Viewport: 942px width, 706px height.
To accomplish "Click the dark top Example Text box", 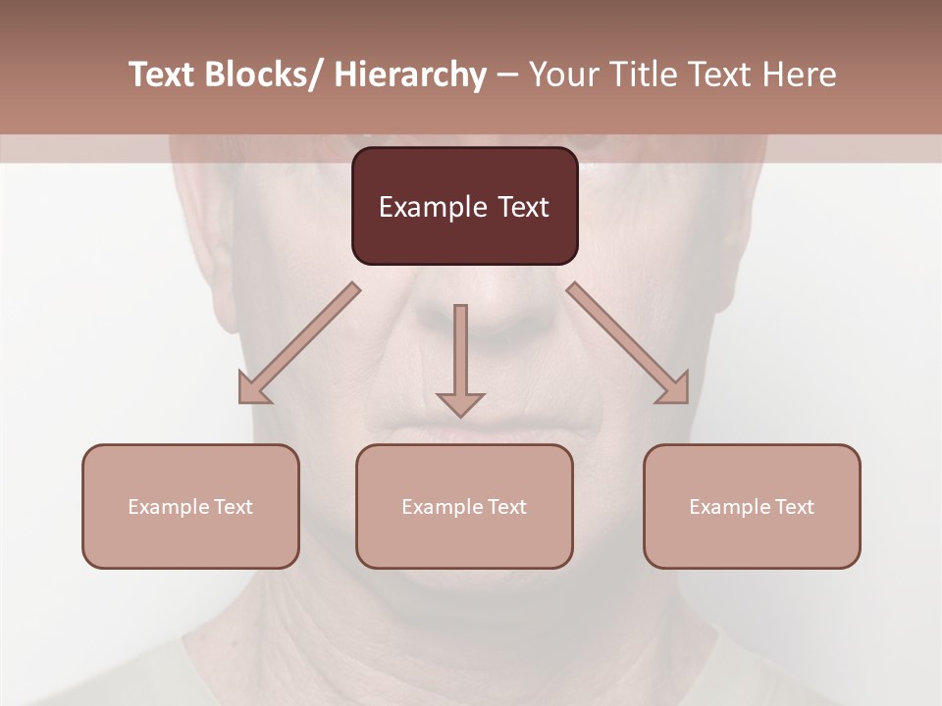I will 464,206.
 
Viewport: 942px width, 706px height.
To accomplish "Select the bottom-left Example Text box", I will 190,506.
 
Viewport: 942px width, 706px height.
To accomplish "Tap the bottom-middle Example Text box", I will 464,506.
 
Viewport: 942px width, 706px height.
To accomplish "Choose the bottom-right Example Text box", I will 752,506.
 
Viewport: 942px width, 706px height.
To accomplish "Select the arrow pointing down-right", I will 628,343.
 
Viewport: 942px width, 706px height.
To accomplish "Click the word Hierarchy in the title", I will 410,75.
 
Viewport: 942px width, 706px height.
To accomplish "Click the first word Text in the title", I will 162,75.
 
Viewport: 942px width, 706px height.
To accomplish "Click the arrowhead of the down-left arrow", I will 251,390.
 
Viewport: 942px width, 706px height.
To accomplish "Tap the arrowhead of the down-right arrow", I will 675,390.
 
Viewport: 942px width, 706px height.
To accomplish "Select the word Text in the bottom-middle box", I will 505,506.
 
